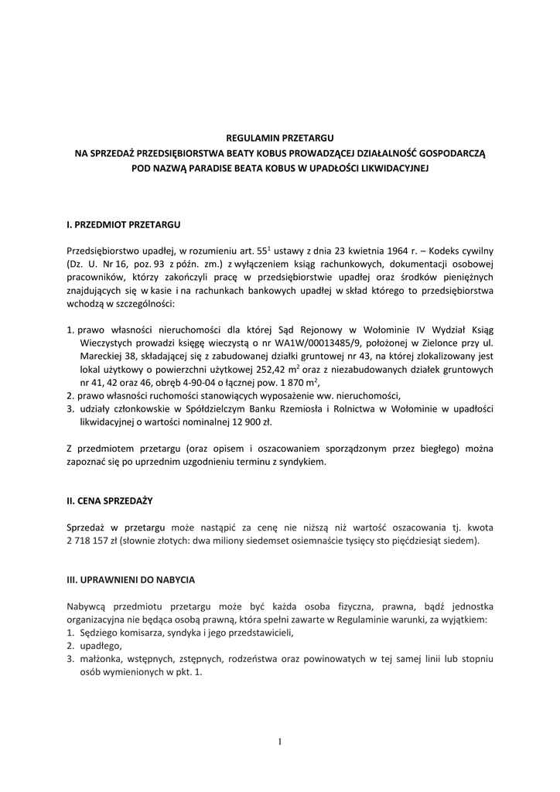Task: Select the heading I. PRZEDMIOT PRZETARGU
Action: click(x=124, y=224)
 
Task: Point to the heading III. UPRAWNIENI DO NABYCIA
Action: click(x=131, y=579)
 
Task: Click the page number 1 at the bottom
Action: click(x=280, y=742)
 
